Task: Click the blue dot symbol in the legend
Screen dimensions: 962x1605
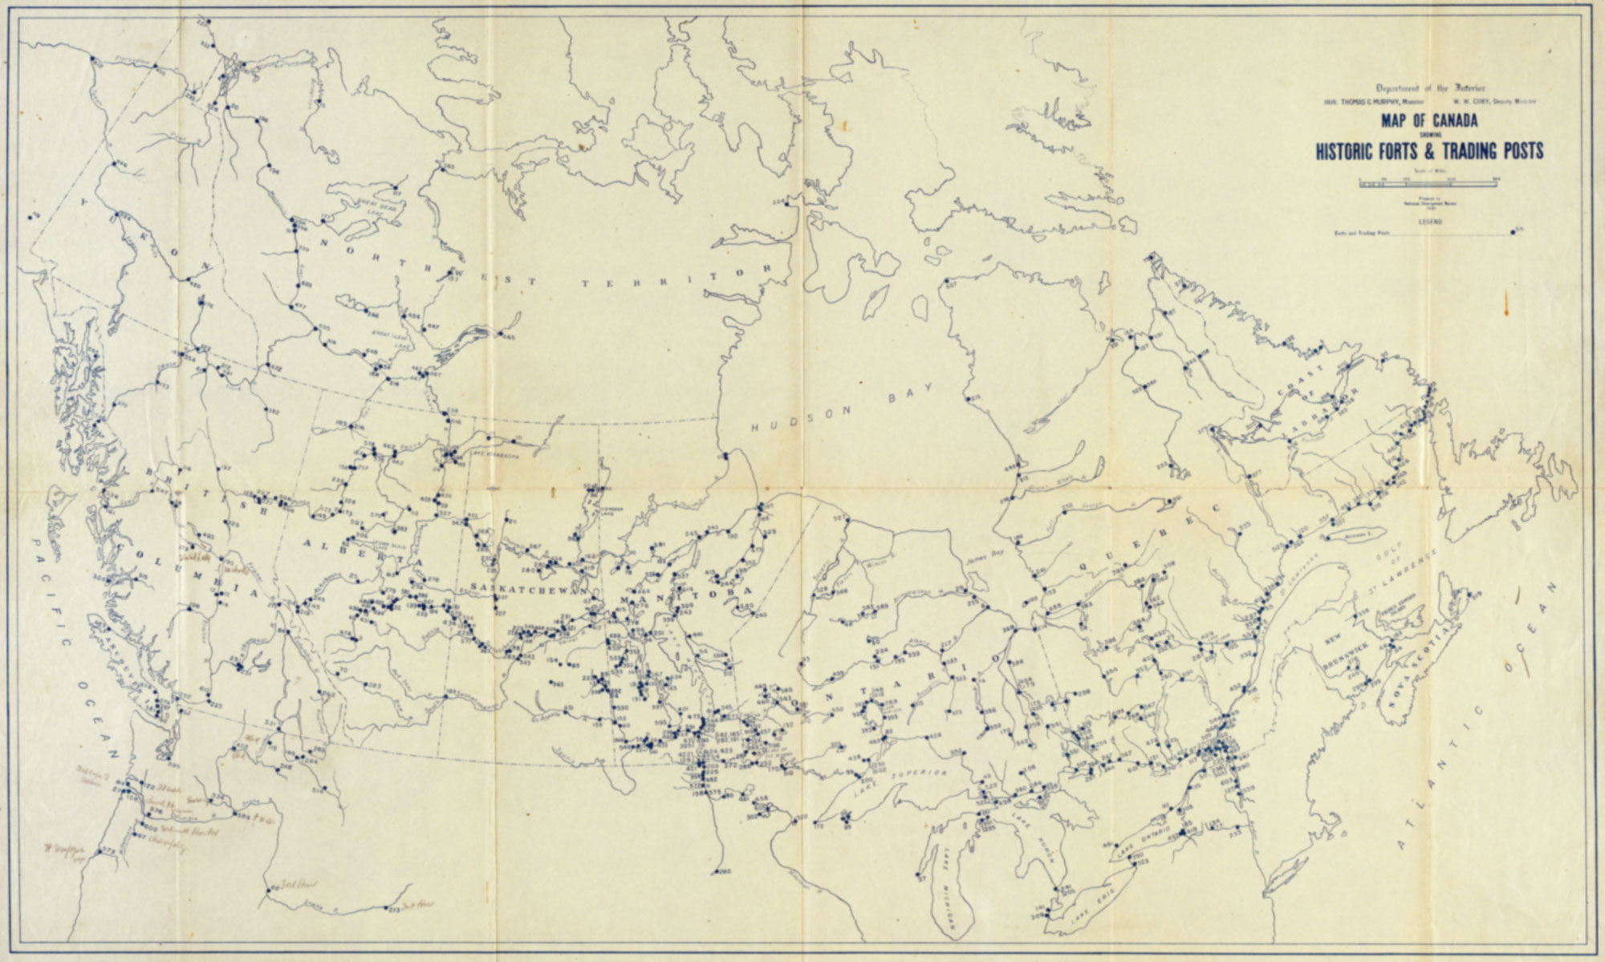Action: coord(1513,233)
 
